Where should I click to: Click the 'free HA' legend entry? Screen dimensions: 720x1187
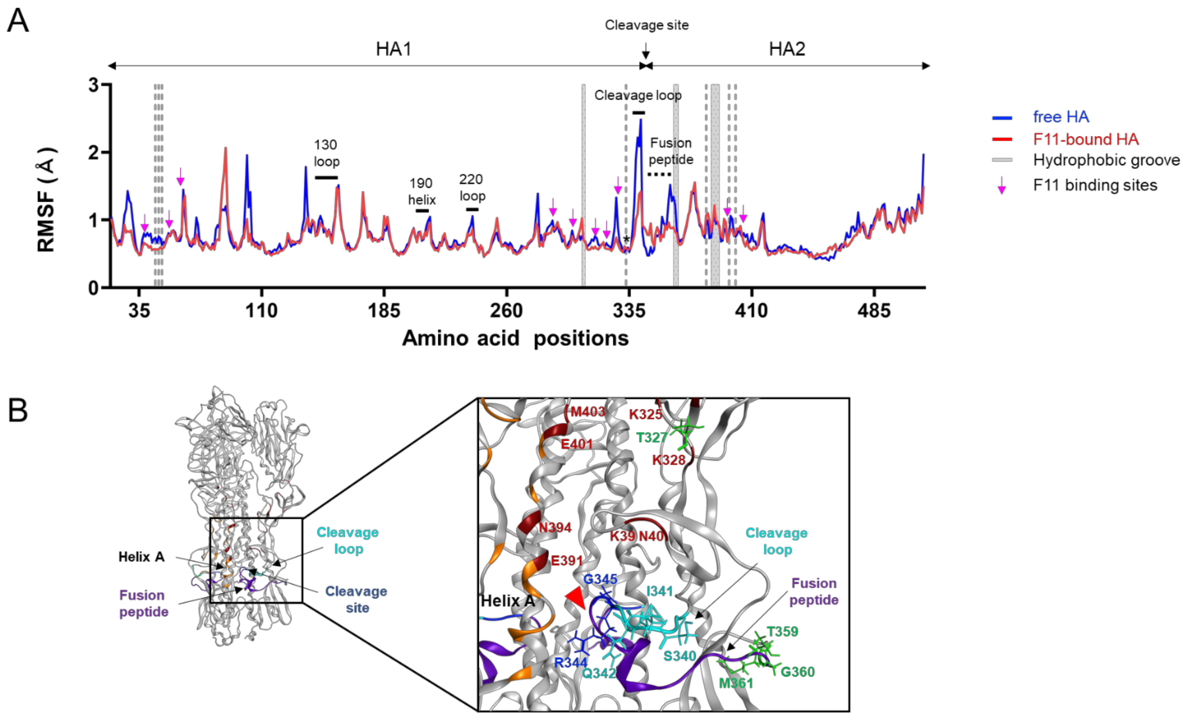(x=1061, y=117)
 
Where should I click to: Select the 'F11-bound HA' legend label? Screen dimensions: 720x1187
(x=1086, y=140)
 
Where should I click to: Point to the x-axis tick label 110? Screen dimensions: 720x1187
(x=262, y=311)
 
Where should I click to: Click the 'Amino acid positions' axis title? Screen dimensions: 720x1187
(x=515, y=338)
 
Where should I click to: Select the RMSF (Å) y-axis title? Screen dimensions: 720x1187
(x=47, y=200)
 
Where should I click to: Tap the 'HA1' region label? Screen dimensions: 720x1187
(x=394, y=49)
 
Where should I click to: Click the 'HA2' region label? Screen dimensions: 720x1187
(x=787, y=49)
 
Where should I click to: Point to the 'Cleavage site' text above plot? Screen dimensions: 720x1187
(x=646, y=25)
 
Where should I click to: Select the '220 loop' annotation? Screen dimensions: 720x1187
(x=472, y=188)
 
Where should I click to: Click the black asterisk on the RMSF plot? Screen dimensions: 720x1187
(x=626, y=239)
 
